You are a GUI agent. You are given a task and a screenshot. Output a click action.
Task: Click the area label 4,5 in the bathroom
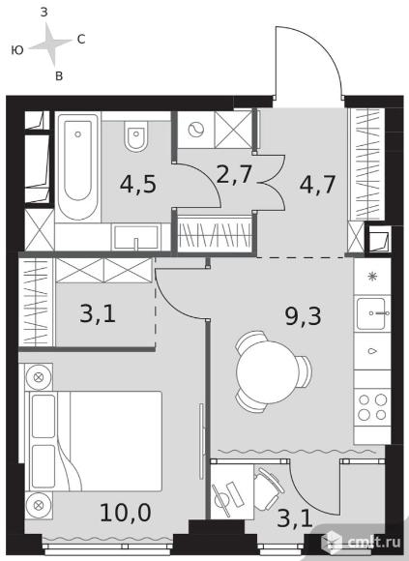point(138,185)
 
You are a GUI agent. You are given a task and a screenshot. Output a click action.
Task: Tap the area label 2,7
point(235,175)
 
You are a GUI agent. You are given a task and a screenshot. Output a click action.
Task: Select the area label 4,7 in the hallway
point(317,185)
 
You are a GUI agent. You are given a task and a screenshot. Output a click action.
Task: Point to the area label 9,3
point(304,316)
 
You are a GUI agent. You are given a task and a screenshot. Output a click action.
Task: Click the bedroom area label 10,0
point(126,513)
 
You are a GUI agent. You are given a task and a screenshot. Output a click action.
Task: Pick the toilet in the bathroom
point(136,136)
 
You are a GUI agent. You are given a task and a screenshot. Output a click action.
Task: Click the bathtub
point(77,166)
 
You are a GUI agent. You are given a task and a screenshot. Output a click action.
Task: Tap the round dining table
point(268,371)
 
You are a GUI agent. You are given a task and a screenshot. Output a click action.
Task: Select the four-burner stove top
point(372,407)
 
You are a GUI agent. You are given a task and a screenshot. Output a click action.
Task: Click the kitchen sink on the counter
point(371,313)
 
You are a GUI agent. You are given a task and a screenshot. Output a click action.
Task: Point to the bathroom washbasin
point(136,237)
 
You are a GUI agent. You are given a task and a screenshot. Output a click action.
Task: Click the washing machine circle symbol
point(195,130)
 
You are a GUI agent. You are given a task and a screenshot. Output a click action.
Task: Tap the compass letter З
point(44,13)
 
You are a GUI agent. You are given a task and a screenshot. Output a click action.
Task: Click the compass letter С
point(81,40)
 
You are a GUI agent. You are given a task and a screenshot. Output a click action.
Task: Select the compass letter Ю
point(17,50)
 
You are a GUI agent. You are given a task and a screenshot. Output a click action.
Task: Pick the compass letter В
point(59,75)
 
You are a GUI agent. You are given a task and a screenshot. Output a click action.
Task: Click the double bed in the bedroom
point(94,441)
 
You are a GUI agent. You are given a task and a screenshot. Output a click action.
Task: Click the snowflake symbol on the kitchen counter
point(372,277)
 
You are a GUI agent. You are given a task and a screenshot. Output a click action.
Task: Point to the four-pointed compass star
point(51,44)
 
